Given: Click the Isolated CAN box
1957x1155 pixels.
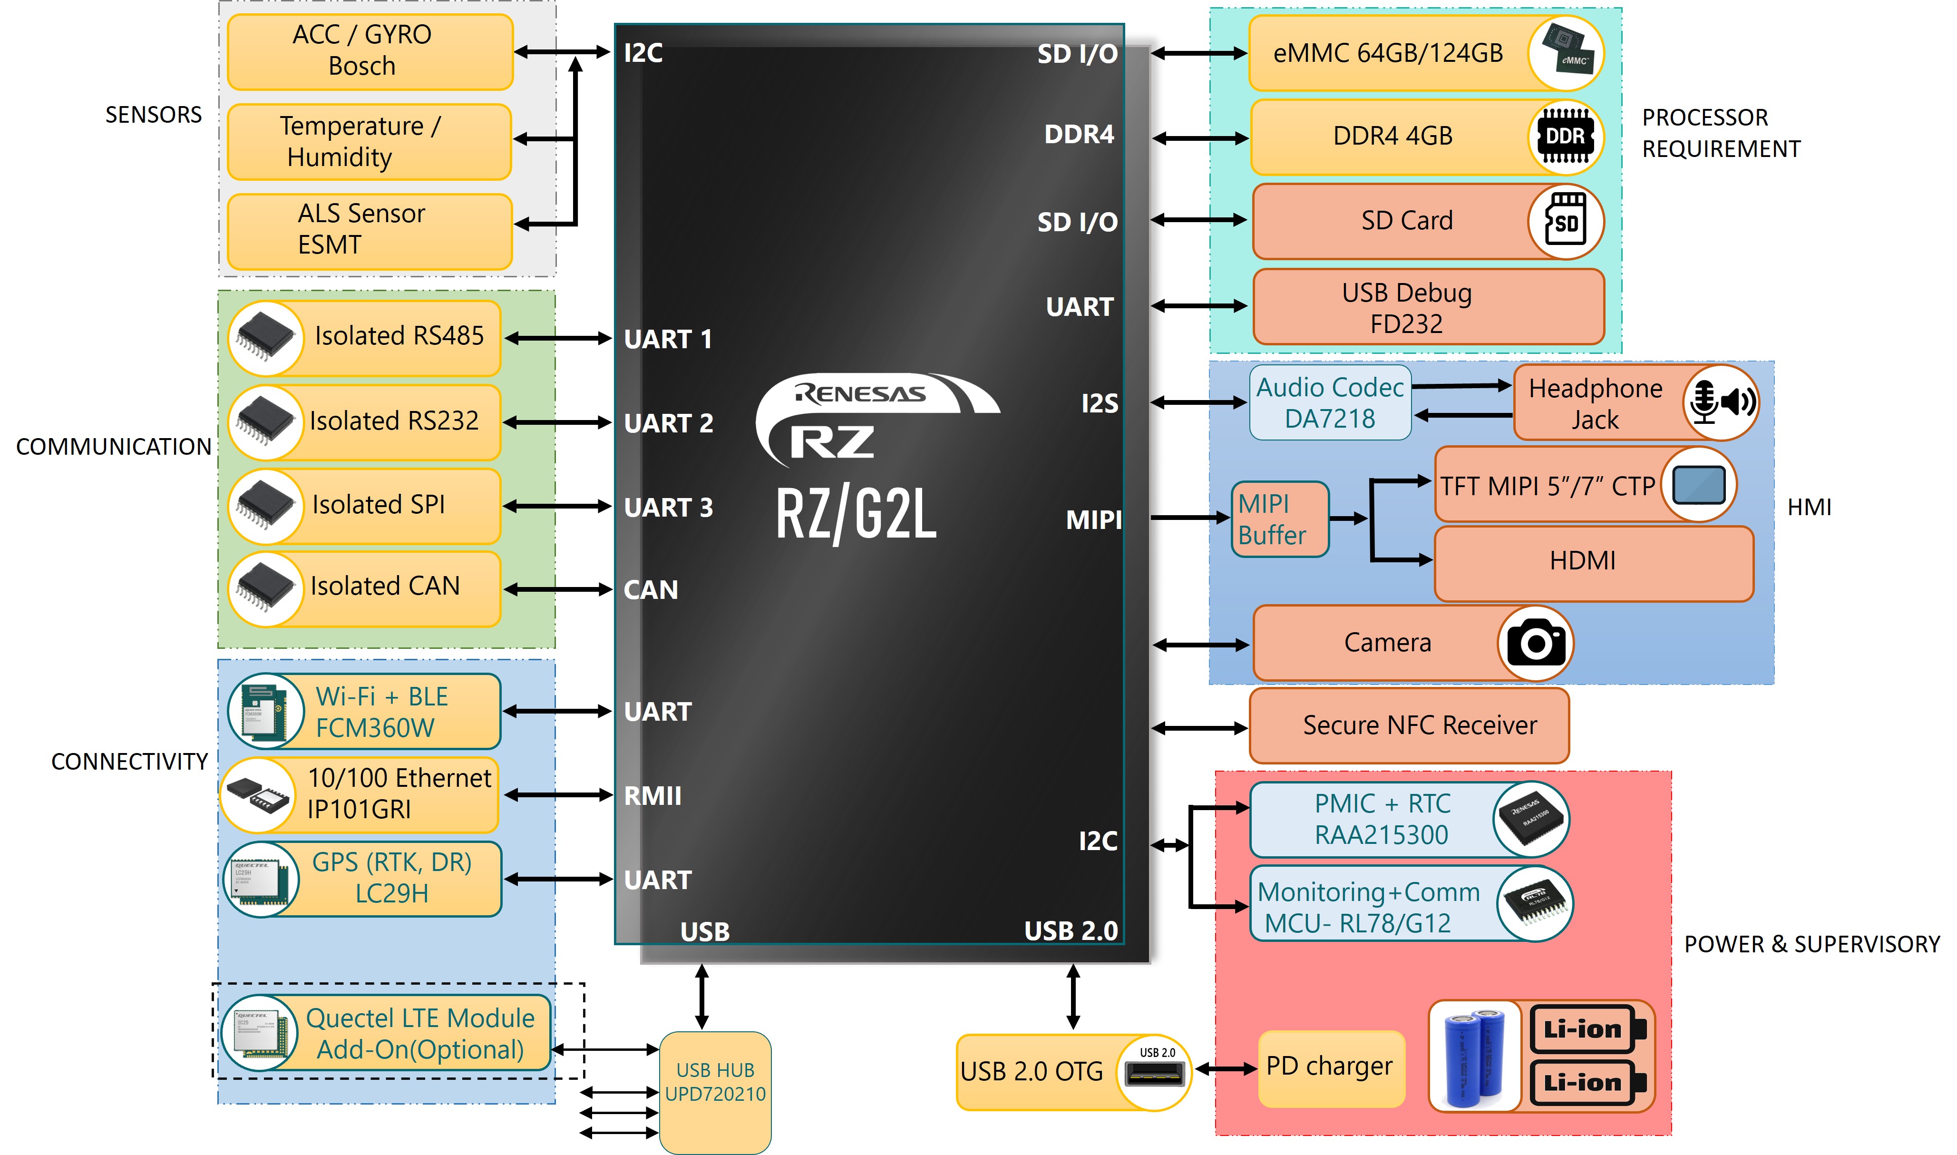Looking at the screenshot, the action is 364,588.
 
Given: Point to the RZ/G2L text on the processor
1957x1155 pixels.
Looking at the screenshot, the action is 856,514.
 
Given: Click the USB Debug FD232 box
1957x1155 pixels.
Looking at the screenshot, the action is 1429,307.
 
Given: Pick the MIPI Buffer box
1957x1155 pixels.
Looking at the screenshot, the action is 1280,519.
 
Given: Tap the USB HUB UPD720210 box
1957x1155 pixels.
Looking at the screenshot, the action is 715,1093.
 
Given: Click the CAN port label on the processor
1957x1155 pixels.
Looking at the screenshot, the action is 651,590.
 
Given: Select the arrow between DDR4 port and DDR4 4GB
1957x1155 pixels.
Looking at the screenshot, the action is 1201,138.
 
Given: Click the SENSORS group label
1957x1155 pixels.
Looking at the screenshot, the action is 153,115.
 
